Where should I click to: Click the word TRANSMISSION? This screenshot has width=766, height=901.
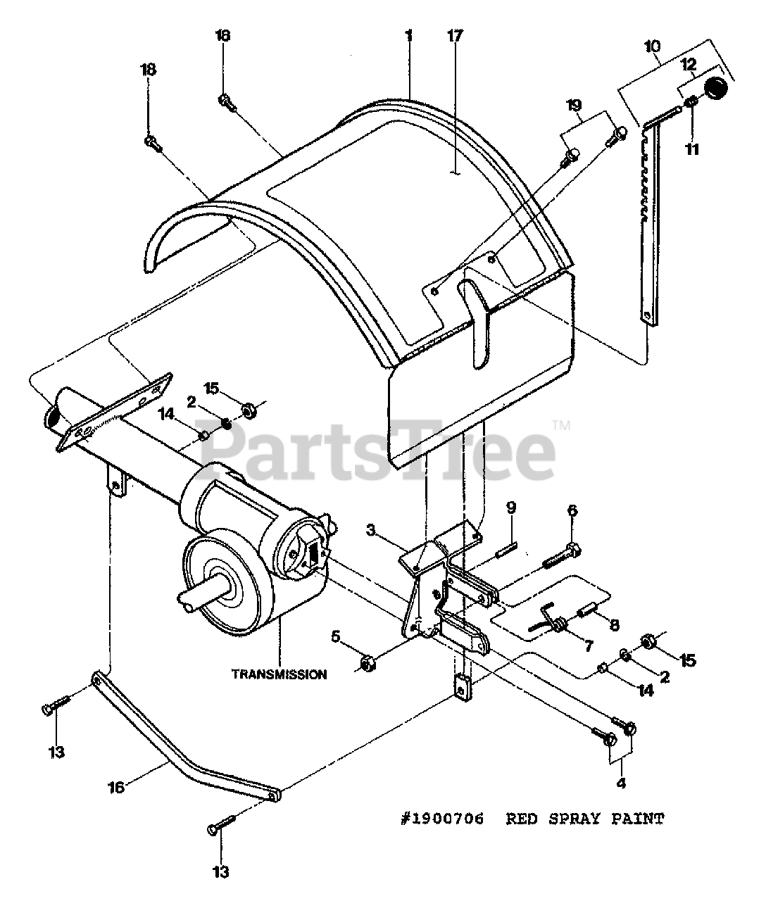point(280,674)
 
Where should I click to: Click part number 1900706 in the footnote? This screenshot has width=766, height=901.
point(442,819)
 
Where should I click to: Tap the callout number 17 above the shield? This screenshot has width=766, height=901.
point(453,36)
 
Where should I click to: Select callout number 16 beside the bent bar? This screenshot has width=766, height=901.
point(117,787)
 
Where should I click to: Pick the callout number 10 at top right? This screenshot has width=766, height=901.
point(652,46)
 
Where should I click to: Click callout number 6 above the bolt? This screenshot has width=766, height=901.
point(572,510)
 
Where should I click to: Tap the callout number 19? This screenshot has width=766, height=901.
point(574,105)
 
